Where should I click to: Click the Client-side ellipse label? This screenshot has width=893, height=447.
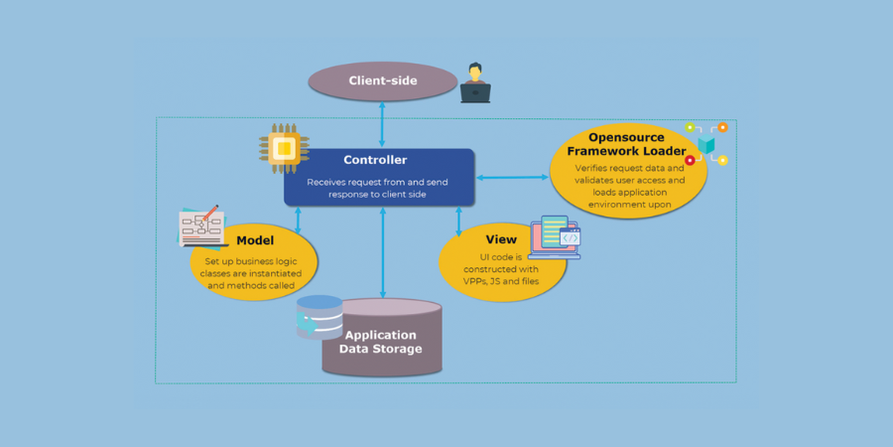click(383, 80)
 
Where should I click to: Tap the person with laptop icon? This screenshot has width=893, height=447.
click(475, 83)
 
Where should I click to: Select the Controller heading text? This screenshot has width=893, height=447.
click(375, 160)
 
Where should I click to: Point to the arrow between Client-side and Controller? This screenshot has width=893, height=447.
click(383, 124)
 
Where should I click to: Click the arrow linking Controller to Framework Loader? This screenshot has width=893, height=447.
click(511, 178)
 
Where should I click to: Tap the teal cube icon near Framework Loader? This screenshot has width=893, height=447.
click(705, 145)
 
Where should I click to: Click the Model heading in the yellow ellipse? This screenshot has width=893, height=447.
click(255, 240)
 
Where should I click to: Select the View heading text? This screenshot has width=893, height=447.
click(501, 239)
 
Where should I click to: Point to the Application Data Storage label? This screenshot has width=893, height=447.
click(381, 342)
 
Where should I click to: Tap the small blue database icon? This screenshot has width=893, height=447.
click(319, 317)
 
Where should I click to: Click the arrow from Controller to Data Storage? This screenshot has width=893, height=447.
click(383, 252)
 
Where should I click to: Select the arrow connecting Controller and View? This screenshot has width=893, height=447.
click(458, 221)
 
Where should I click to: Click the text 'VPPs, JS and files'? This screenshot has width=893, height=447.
click(501, 282)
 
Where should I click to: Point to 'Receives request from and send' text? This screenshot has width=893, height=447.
click(377, 183)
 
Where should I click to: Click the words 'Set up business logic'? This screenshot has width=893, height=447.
click(254, 260)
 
